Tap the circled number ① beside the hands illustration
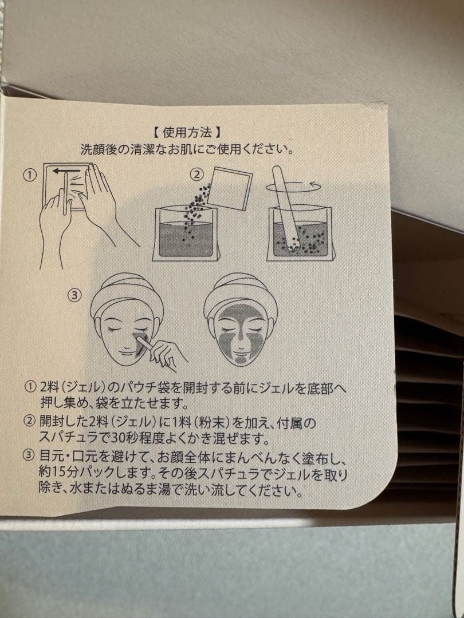point(30,175)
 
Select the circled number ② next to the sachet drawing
point(197,174)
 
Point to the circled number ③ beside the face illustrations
point(75,295)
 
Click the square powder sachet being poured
point(230,188)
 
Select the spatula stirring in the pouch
point(285,208)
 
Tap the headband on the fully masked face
point(241,292)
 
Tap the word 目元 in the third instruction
point(52,456)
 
